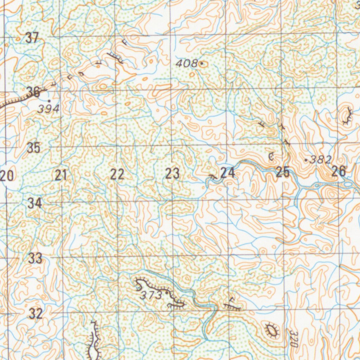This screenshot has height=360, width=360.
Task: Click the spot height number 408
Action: [x=186, y=64]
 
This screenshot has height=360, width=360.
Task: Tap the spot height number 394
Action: [x=48, y=109]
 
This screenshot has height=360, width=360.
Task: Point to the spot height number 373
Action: [x=151, y=295]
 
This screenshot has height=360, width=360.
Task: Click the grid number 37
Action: [x=32, y=38]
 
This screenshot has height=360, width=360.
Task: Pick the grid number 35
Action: [x=34, y=148]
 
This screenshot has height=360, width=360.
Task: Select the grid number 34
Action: [x=35, y=203]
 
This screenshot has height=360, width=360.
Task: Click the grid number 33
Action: [x=36, y=258]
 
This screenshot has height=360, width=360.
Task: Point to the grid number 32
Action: [x=36, y=314]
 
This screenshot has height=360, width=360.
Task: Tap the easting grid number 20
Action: [x=7, y=175]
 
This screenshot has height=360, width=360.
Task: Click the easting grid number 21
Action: [x=61, y=175]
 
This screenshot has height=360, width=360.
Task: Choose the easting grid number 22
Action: [x=117, y=174]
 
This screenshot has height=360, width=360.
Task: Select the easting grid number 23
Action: [x=172, y=174]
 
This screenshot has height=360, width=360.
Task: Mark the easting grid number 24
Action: [x=227, y=173]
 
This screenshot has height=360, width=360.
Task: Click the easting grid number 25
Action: [x=283, y=172]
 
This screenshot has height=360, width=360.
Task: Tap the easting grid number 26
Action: [x=339, y=172]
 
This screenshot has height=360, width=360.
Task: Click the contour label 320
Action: [x=294, y=338]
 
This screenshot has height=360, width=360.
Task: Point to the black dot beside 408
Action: [x=201, y=64]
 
